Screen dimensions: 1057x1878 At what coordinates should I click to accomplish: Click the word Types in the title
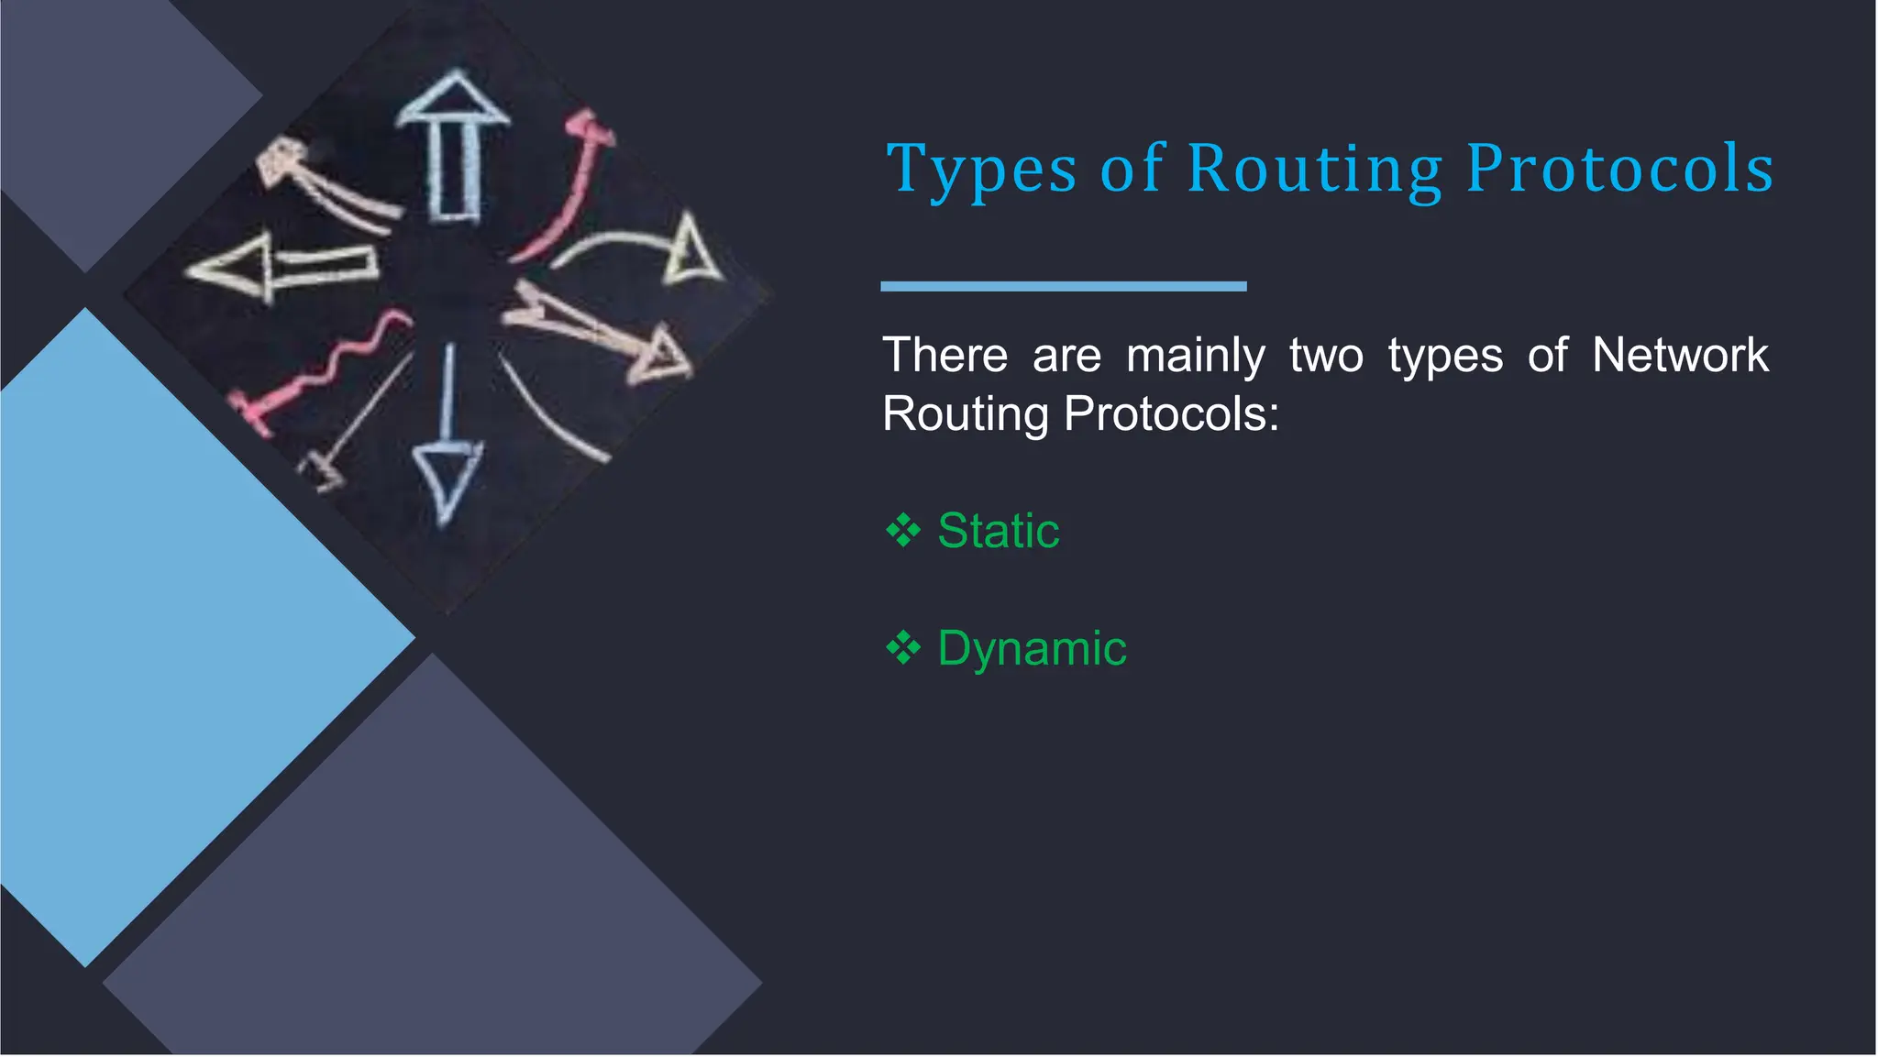[980, 171]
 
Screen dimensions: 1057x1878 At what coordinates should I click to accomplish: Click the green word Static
[998, 531]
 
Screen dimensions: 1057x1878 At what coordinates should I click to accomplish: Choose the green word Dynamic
[1032, 649]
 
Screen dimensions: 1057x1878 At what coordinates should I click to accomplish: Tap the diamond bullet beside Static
[903, 531]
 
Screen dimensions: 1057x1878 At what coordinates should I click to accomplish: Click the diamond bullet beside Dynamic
[903, 649]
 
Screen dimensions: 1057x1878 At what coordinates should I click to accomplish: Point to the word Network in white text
[1680, 355]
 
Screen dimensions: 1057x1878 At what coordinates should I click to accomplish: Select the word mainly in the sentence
[1195, 356]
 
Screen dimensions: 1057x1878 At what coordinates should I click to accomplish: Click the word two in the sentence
[1326, 356]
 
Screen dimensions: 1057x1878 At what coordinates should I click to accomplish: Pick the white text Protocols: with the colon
[1171, 413]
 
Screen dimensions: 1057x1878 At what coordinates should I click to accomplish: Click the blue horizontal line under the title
[1063, 287]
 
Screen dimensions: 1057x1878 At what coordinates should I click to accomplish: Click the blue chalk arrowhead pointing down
[447, 478]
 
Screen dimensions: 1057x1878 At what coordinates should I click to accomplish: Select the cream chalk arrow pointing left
[275, 267]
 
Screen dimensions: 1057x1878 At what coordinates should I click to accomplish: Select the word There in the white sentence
[945, 356]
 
